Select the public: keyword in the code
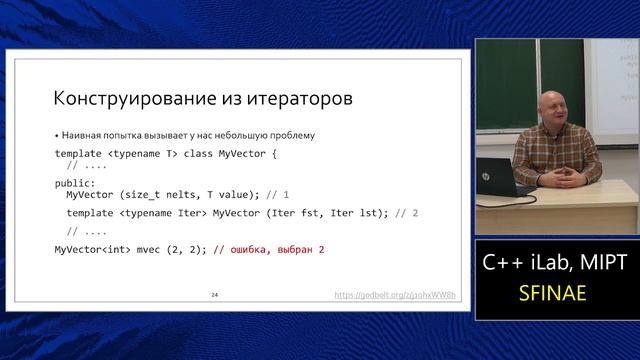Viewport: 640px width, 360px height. [x=75, y=183]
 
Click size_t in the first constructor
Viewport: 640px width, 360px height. [x=142, y=194]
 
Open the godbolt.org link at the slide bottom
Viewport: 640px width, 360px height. [x=395, y=296]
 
